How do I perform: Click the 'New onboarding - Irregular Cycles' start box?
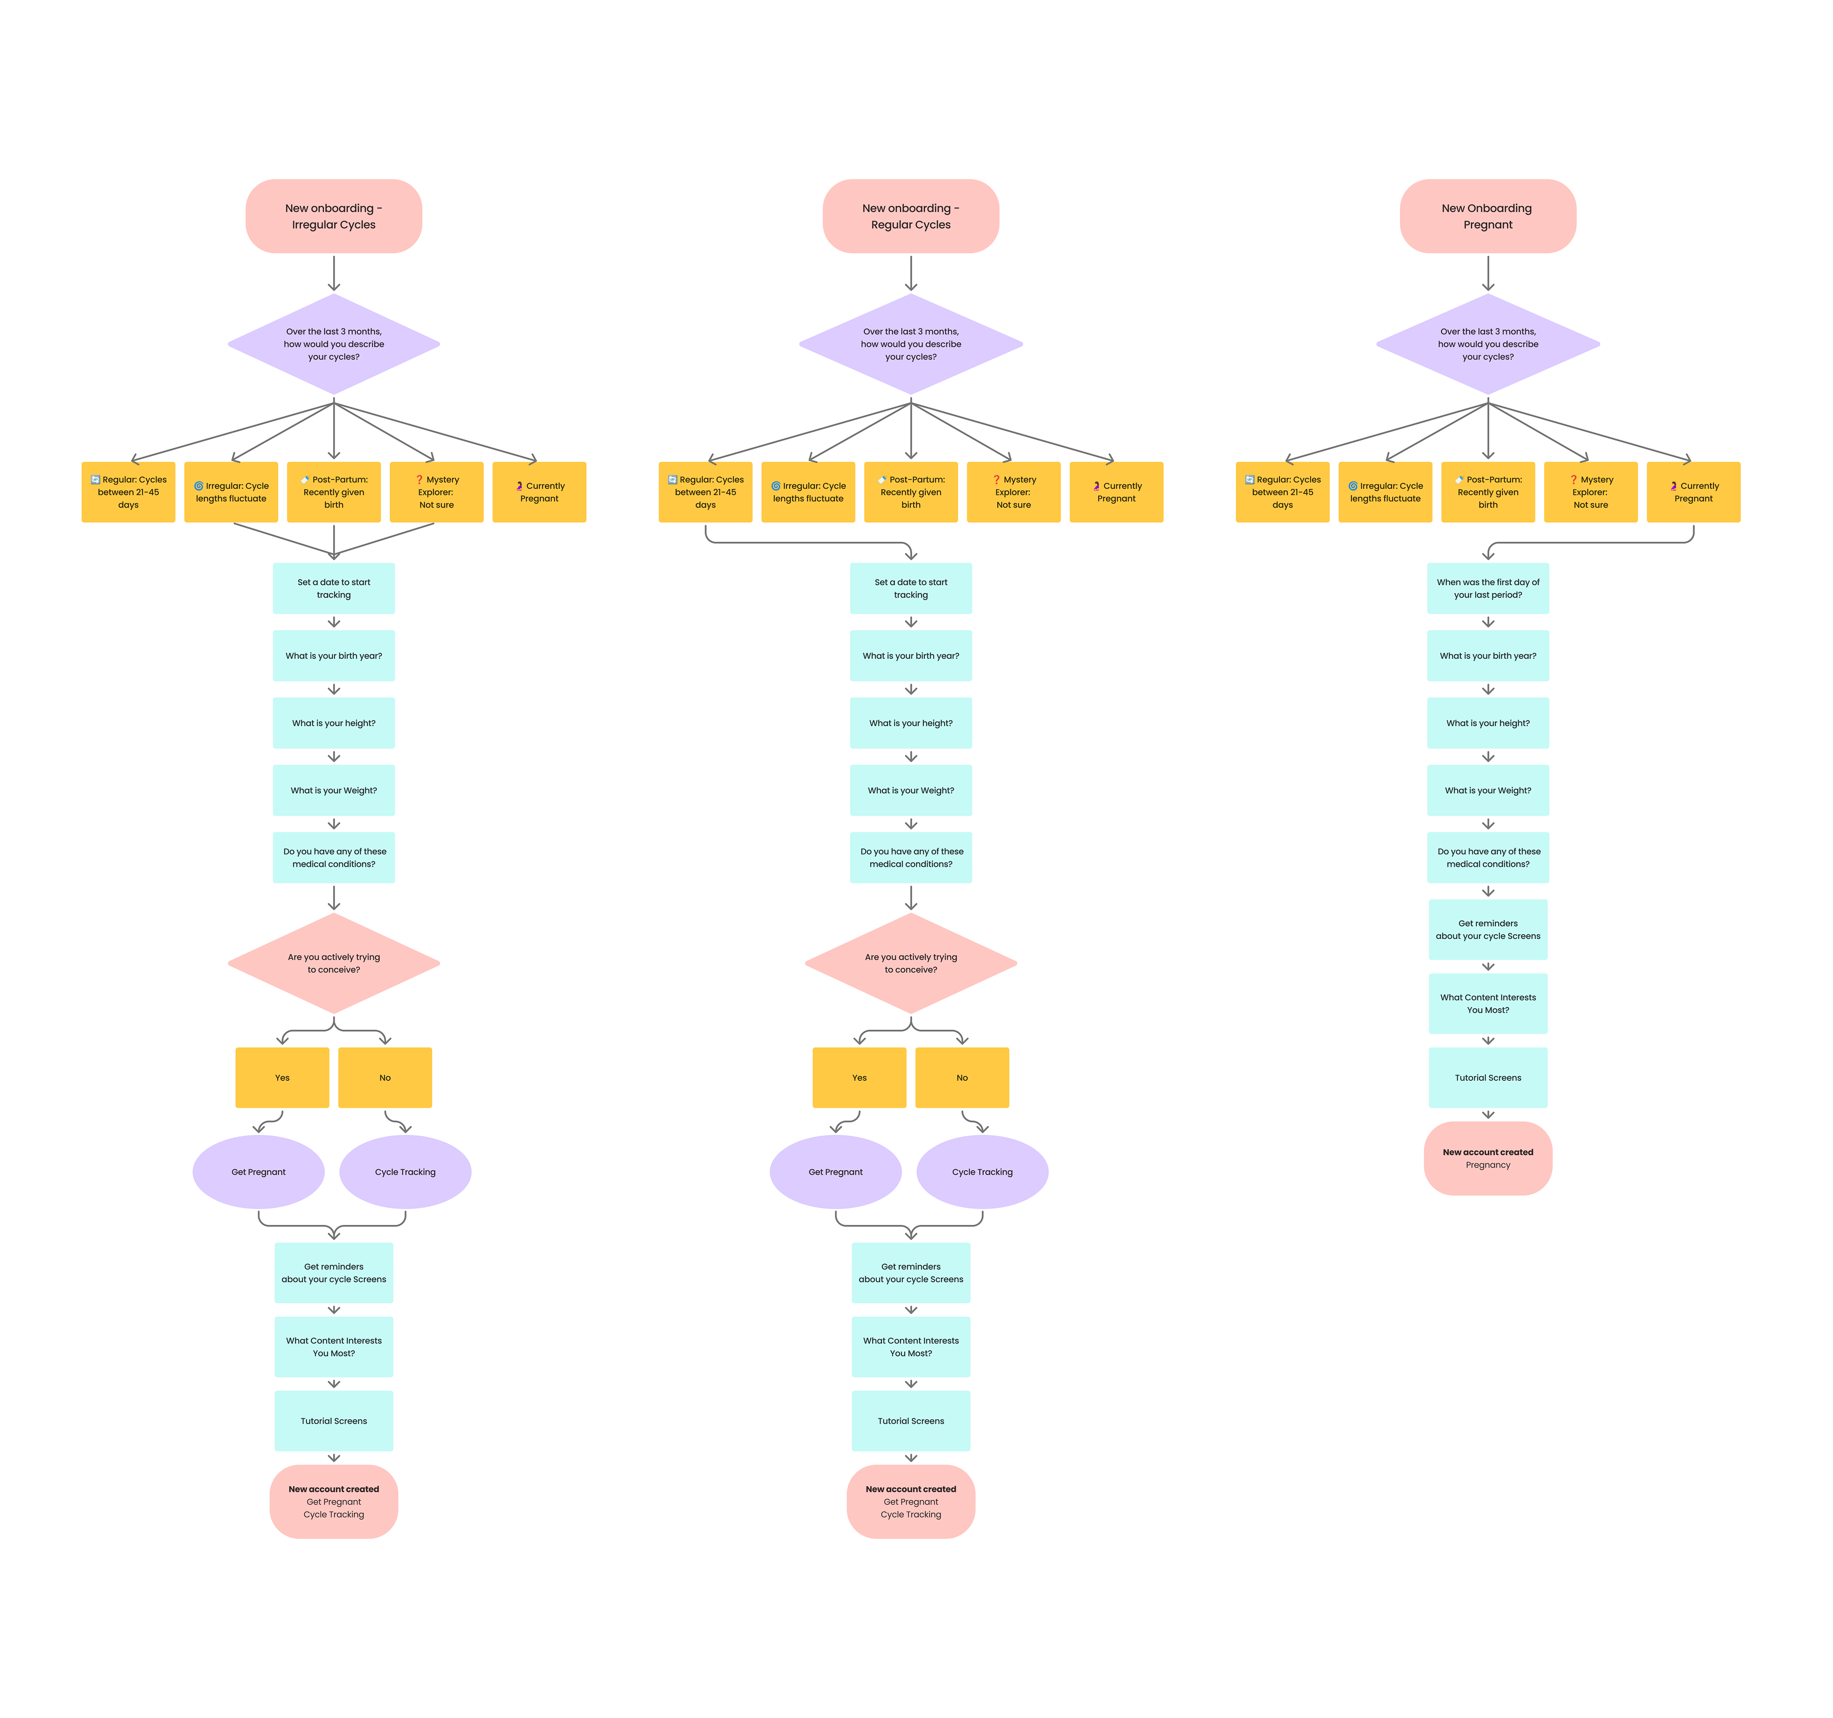[x=334, y=216]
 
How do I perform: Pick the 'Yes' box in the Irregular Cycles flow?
[x=282, y=1077]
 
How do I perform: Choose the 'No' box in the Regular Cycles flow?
[x=962, y=1077]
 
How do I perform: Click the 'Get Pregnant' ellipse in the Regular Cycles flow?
[x=835, y=1171]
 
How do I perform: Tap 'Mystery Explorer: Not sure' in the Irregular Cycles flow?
[x=436, y=492]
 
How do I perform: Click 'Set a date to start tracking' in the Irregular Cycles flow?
[x=334, y=589]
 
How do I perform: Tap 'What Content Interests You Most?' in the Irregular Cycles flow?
[x=334, y=1346]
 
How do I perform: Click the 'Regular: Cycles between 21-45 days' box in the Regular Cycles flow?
[x=706, y=492]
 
